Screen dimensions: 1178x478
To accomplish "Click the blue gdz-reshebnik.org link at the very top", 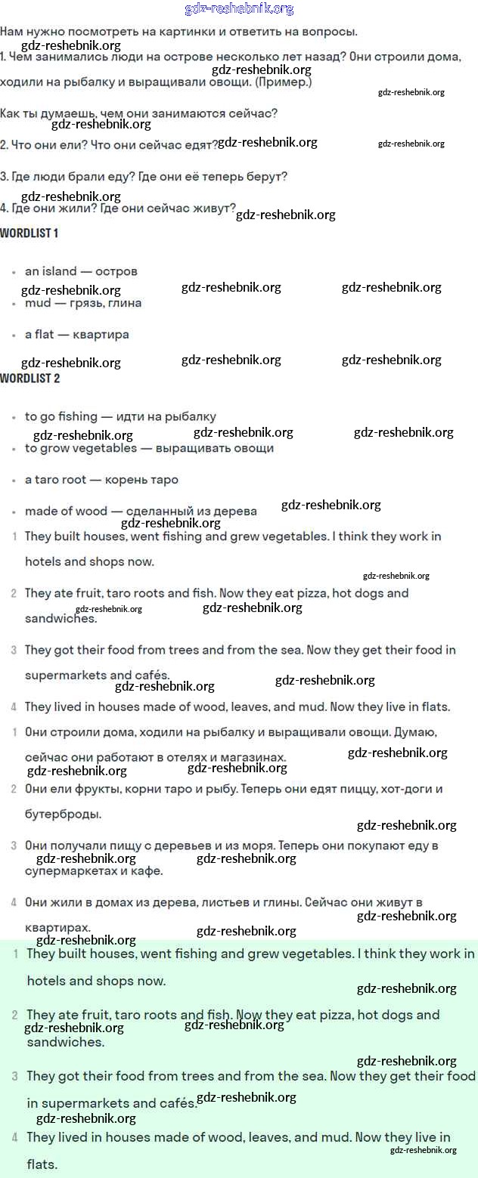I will coord(239,9).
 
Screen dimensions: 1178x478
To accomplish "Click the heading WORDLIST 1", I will coord(29,233).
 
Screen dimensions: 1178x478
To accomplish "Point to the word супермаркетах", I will coord(64,871).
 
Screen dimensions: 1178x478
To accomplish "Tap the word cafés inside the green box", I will coord(175,1104).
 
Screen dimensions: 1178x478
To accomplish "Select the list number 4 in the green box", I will coord(14,1137).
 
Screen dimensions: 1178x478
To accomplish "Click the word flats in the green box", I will coord(42,1164).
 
